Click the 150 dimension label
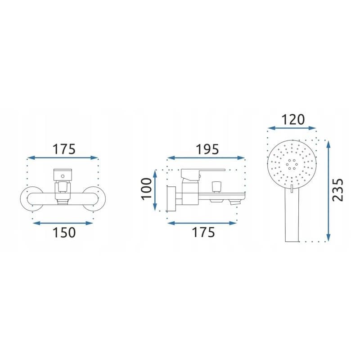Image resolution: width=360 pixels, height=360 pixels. tap(64, 232)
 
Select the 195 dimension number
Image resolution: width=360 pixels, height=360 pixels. tap(207, 149)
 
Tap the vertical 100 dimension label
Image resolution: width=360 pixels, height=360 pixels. tap(147, 189)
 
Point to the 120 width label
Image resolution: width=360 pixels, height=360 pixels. tap(293, 120)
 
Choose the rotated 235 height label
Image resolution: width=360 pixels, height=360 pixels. tap(338, 190)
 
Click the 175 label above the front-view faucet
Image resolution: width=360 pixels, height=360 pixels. tap(64, 149)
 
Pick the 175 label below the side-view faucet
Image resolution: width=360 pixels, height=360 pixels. tap(203, 232)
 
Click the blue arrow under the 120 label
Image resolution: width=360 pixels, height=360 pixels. tap(292, 128)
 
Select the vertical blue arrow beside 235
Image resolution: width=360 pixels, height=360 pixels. tap(328, 191)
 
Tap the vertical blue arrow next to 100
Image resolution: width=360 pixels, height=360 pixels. tap(155, 190)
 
